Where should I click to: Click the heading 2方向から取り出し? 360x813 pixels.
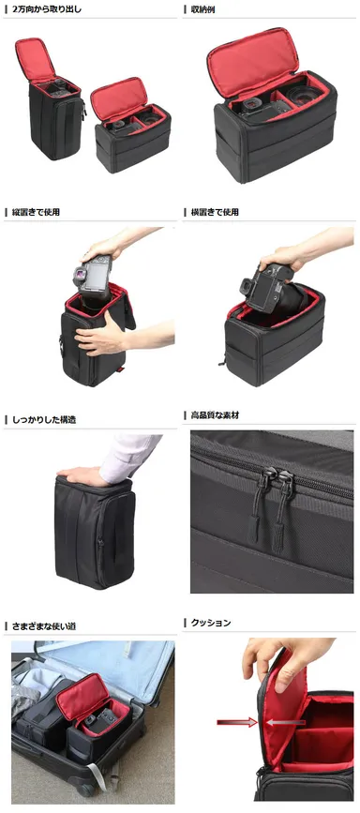(47, 9)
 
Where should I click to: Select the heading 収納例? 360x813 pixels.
(203, 9)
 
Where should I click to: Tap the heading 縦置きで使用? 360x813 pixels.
(37, 212)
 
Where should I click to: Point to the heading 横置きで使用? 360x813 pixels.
(215, 212)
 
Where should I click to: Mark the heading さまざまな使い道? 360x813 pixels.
(44, 623)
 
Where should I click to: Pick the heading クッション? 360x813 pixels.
(211, 623)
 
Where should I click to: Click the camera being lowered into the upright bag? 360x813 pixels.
(93, 275)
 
